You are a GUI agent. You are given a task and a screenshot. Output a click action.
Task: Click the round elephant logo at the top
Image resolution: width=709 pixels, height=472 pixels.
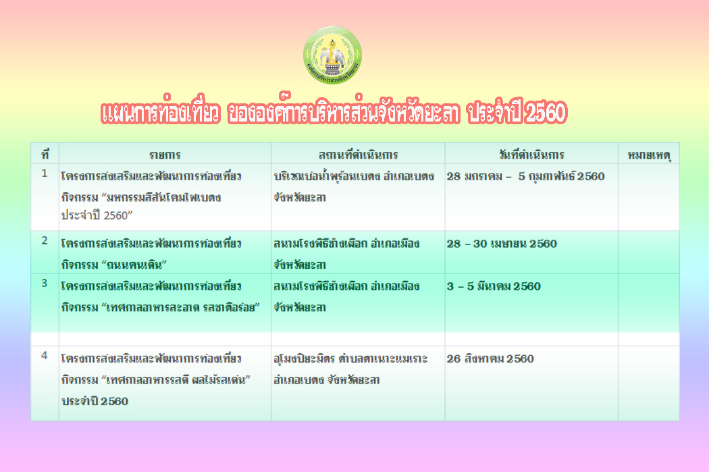(x=332, y=55)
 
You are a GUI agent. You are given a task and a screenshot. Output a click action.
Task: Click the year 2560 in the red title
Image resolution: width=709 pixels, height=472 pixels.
(x=546, y=113)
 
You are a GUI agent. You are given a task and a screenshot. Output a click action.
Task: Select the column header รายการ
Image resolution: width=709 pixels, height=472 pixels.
(x=165, y=155)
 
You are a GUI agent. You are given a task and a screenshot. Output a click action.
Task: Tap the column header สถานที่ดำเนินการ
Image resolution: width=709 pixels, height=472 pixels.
(x=358, y=155)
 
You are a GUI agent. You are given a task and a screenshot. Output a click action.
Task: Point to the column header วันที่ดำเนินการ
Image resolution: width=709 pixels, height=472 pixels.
(x=532, y=154)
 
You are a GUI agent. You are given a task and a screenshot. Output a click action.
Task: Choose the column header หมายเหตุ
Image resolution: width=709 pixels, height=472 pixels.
(x=649, y=155)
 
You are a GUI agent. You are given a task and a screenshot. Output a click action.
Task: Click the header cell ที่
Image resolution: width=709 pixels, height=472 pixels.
(x=45, y=154)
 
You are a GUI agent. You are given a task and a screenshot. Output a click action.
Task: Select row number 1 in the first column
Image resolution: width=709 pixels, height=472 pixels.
(x=45, y=173)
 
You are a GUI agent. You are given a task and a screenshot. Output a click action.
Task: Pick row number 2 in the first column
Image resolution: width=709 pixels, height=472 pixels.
(x=45, y=240)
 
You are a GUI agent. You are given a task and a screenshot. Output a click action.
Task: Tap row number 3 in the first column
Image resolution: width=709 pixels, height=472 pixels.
(x=45, y=283)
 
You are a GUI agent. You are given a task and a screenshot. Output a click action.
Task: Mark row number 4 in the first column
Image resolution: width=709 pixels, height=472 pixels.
(x=45, y=355)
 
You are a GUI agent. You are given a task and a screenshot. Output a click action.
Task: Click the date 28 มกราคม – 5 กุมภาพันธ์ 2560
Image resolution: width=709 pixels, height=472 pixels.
(x=526, y=176)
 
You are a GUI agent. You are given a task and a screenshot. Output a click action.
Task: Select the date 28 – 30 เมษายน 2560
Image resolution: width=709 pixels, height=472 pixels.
(x=502, y=244)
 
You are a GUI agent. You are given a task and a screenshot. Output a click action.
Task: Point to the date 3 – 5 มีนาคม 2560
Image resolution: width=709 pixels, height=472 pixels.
(x=494, y=286)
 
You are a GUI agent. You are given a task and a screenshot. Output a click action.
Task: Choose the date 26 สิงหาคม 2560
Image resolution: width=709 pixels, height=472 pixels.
(x=491, y=359)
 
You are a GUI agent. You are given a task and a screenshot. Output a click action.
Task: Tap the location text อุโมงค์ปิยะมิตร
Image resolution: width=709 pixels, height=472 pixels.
(x=305, y=359)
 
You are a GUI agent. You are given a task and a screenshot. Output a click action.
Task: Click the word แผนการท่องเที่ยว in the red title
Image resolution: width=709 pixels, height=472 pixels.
(x=161, y=111)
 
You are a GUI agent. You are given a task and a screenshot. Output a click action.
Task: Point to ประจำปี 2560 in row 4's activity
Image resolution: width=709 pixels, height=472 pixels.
(x=95, y=401)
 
